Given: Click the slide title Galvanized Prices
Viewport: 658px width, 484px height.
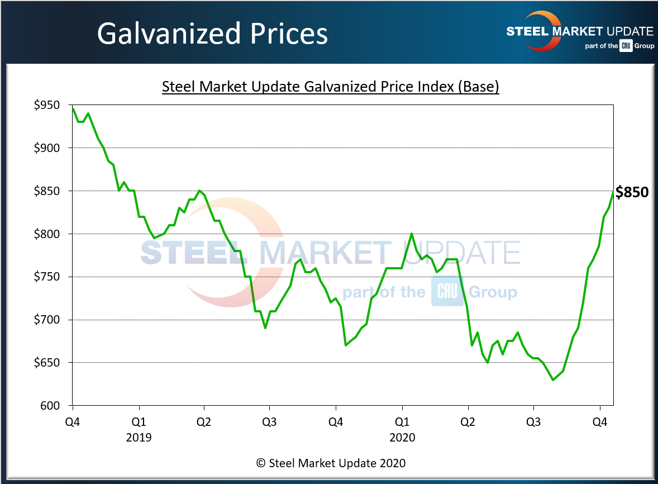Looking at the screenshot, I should [212, 34].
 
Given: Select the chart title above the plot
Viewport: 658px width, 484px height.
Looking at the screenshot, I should [330, 87].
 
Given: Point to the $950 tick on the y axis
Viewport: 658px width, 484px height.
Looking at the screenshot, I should [49, 105].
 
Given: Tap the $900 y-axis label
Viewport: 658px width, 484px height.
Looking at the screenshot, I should [49, 148].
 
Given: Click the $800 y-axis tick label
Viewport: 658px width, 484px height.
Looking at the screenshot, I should [49, 234].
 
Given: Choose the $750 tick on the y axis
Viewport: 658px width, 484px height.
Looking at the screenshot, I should [49, 277].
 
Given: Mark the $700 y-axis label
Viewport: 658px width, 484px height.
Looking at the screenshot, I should [49, 320].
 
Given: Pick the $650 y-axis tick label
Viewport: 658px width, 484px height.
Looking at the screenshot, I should [49, 363].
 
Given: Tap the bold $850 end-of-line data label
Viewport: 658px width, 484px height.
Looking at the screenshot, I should [632, 193].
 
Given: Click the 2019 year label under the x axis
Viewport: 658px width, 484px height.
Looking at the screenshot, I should [139, 437].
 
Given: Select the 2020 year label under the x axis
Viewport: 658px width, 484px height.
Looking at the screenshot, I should [402, 437].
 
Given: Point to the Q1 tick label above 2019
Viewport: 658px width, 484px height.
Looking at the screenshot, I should [139, 421].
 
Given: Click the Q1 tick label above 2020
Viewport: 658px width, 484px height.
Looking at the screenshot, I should [402, 421].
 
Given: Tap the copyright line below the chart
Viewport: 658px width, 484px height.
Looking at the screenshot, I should [331, 463].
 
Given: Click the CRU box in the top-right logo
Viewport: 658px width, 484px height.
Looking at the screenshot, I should [626, 46].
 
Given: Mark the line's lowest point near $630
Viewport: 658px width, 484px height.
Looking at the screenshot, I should [553, 380].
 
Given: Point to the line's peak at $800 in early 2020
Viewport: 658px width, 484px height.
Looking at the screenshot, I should [412, 234].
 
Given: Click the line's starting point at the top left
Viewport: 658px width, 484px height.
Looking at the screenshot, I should [73, 107].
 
